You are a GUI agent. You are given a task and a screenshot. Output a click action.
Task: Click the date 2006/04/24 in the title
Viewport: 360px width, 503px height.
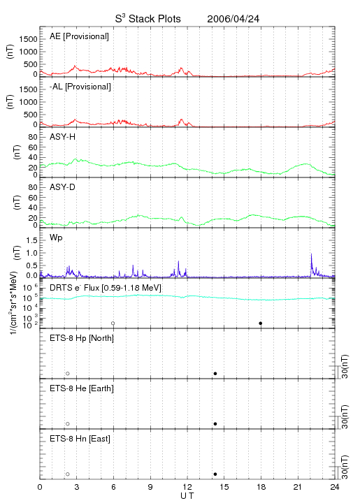[x=233, y=19]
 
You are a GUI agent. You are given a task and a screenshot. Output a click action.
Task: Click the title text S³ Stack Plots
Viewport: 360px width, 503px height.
[x=148, y=19]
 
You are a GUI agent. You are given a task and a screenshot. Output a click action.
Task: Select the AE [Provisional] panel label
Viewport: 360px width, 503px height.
[x=79, y=36]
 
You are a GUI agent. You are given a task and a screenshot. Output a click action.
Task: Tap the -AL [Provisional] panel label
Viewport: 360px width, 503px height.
[x=80, y=87]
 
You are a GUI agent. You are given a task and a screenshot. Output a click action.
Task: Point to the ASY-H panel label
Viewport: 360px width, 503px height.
[x=63, y=137]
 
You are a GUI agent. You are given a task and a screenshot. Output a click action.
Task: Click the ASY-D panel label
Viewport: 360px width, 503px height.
[x=63, y=187]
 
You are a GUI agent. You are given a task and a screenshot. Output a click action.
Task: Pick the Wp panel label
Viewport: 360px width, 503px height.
[x=56, y=238]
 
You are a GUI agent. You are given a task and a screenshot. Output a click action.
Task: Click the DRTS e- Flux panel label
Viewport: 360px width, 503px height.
[x=106, y=288]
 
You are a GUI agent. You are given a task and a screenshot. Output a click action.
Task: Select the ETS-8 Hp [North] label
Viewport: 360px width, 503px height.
[x=82, y=338]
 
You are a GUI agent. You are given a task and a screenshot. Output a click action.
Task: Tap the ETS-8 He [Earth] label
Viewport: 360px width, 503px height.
[x=82, y=388]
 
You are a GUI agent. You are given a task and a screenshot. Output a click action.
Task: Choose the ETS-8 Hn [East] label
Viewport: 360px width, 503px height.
[x=80, y=439]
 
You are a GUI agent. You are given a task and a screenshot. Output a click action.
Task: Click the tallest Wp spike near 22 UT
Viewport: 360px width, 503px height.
[x=311, y=254]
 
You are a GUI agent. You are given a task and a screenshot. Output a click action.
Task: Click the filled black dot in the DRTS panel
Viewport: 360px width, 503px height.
[x=261, y=323]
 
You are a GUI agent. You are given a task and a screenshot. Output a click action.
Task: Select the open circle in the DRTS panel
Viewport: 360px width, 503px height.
[x=113, y=323]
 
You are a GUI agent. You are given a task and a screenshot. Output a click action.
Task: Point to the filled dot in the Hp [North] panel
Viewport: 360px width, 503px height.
[x=215, y=373]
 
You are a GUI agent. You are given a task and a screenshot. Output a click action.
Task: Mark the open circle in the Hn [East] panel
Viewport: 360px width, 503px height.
[x=68, y=474]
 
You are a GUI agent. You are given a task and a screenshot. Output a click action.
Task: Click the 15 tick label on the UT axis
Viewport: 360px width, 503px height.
[x=224, y=487]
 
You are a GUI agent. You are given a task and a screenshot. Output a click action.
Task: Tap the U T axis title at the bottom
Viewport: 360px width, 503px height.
[x=187, y=496]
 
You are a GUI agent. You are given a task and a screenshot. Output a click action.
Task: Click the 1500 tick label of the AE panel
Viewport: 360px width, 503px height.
[x=29, y=39]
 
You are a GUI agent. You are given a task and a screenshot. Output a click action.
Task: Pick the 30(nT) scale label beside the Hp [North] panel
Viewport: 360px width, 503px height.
[x=345, y=367]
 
